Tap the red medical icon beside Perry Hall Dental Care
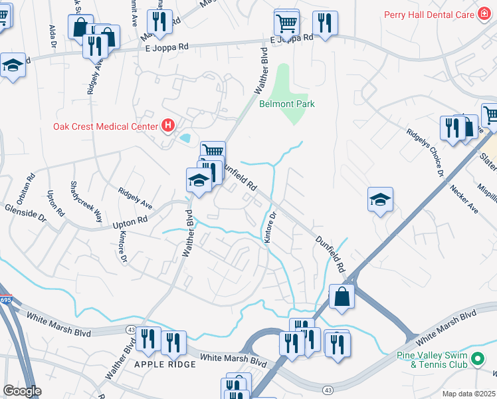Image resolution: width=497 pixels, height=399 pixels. click(x=486, y=14)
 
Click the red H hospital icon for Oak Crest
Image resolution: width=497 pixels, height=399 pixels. click(x=168, y=125)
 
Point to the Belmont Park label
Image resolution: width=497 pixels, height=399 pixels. click(x=286, y=104)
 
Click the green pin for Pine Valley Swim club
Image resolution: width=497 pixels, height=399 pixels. click(x=477, y=360)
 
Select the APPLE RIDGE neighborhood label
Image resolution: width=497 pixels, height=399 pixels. click(x=165, y=364)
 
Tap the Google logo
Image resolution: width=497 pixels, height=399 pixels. click(x=22, y=391)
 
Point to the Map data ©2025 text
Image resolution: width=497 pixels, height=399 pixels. click(x=468, y=394)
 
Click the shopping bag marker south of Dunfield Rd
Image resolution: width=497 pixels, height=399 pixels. click(x=342, y=297)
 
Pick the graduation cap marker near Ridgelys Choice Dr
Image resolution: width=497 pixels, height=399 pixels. click(x=379, y=199)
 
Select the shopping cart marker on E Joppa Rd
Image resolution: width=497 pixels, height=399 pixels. click(x=286, y=23)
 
